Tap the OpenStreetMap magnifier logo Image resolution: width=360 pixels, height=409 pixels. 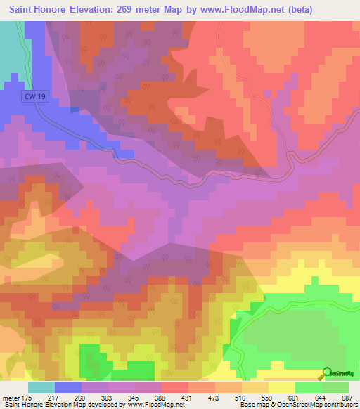tap(326, 372)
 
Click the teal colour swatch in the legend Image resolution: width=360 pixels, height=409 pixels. tap(41, 387)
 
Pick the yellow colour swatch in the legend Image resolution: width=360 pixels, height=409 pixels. tap(281, 387)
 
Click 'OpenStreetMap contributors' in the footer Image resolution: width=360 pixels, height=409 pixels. tap(321, 405)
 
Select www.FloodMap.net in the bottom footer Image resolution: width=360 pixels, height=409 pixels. tap(150, 405)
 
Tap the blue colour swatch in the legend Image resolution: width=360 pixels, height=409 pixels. tap(68, 387)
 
